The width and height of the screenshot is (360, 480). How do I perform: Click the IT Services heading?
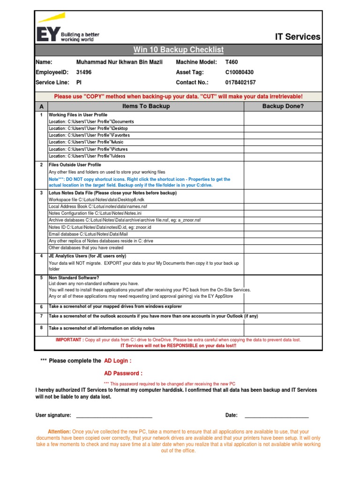[x=297, y=37]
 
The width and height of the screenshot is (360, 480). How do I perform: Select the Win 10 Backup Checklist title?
[x=178, y=50]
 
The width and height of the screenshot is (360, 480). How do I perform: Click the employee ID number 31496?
[x=84, y=72]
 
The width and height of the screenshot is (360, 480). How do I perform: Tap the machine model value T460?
[x=232, y=62]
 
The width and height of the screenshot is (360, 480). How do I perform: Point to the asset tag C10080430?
[x=239, y=72]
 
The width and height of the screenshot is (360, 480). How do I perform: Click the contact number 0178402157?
[x=240, y=82]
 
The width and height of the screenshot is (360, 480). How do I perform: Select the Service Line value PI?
[x=79, y=82]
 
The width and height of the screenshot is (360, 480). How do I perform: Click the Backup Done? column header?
[x=283, y=106]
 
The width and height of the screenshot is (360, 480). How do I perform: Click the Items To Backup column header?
[x=146, y=106]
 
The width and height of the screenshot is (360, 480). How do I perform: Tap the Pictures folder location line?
[x=88, y=149]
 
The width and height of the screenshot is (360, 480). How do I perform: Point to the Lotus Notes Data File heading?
[x=112, y=193]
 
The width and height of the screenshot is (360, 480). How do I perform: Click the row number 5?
[x=41, y=277]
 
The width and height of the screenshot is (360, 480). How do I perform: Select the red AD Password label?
[x=123, y=374]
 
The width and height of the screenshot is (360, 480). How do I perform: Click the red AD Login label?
[x=118, y=361]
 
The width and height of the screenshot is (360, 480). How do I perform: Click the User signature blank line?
[x=114, y=416]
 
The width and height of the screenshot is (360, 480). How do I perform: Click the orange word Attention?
[x=59, y=431]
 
